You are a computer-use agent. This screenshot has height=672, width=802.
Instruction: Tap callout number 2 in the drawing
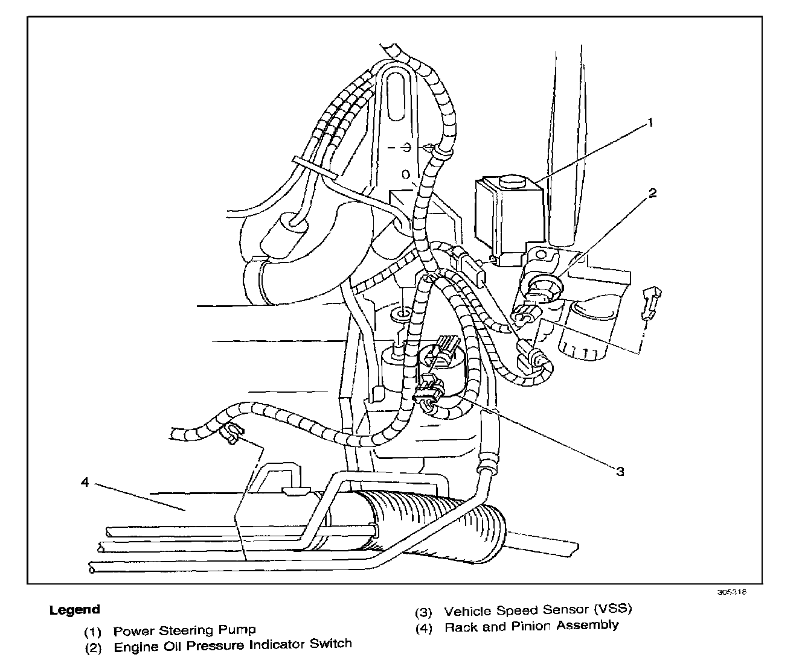pos(652,193)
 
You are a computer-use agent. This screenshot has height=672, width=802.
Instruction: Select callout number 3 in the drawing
pos(620,471)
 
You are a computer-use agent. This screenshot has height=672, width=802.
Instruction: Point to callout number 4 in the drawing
pos(86,483)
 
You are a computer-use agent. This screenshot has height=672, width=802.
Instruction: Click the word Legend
pos(74,610)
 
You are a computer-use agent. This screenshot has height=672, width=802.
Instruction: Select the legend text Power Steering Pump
pos(184,631)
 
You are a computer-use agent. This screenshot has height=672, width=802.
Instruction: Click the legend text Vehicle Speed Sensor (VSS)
pos(538,610)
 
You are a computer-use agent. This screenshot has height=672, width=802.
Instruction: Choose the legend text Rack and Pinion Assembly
pos(531,626)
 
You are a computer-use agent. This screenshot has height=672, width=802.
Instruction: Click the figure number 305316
pos(732,592)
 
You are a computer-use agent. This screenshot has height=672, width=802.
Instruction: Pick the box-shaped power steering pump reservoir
pos(507,217)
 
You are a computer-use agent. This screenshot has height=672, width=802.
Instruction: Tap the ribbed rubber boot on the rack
pos(435,519)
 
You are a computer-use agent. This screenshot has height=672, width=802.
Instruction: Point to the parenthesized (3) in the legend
pos(423,612)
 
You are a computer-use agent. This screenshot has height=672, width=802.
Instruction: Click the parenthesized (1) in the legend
pos(92,632)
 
